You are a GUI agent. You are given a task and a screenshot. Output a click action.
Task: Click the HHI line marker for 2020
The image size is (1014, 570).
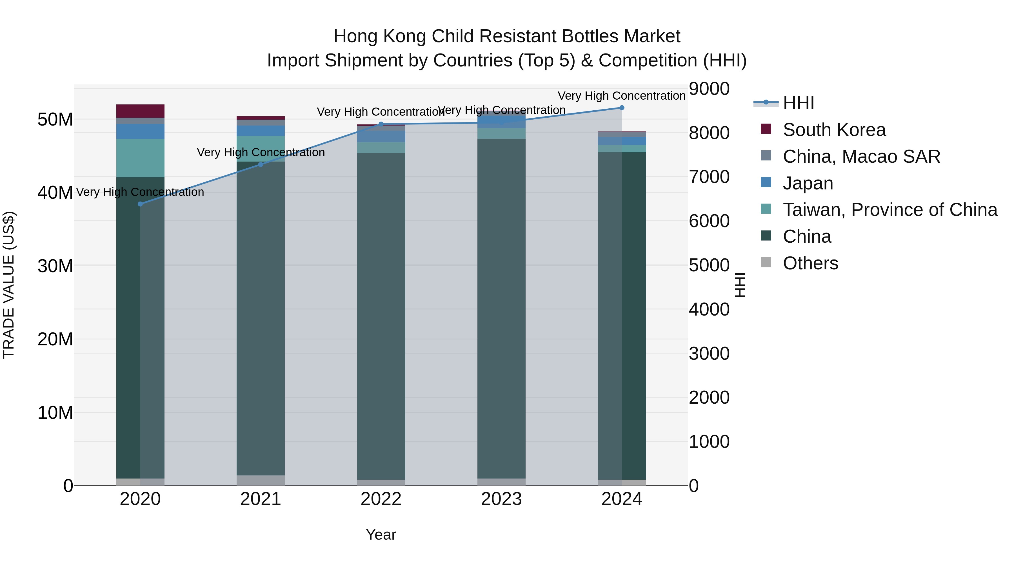coord(140,204)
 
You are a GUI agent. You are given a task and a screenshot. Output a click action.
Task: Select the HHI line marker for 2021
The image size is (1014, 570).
coord(261,164)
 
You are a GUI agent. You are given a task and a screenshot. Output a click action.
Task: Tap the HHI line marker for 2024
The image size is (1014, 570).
coord(622,108)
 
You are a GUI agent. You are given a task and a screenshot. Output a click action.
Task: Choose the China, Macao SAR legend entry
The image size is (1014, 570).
coord(861,157)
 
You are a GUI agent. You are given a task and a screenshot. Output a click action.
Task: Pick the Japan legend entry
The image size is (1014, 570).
coord(808,183)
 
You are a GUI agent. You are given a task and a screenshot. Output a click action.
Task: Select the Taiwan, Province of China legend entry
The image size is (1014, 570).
coord(890,210)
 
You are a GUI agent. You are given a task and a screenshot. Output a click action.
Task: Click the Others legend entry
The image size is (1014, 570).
coord(810,263)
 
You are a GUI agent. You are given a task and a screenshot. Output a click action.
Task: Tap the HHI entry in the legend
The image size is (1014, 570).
coord(798,103)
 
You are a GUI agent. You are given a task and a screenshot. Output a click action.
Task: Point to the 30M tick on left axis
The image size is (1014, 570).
coord(55,266)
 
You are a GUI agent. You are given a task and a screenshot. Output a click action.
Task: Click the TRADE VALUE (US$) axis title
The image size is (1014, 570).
coord(9,285)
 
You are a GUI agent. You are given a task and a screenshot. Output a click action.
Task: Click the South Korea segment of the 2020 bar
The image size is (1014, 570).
coord(140,111)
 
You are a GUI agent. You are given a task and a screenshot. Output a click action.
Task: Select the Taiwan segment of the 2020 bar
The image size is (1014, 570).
coord(140,158)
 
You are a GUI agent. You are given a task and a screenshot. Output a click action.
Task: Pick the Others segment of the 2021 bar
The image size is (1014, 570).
coord(261,480)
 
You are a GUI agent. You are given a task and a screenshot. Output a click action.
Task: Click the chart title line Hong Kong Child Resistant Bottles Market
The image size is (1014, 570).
coord(507,36)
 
